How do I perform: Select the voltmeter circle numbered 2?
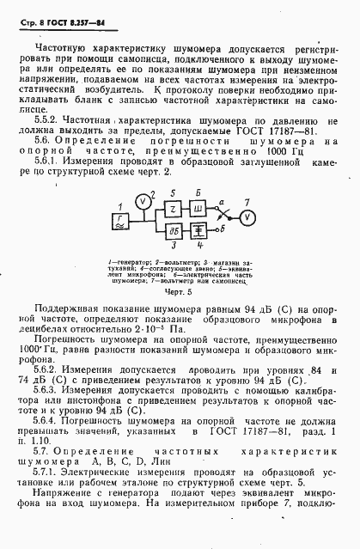click(143, 200)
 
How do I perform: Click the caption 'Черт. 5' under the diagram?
click(179, 293)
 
